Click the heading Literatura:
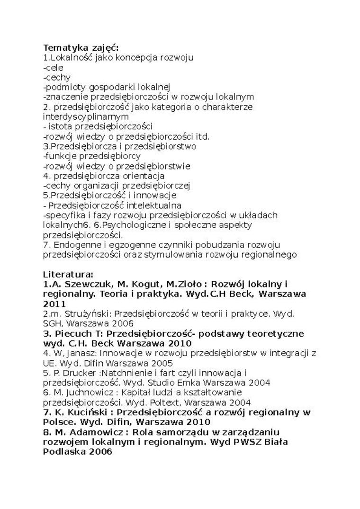(68, 274)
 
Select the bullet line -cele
(53, 68)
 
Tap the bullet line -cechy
(56, 77)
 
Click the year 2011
(54, 304)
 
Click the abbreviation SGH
(53, 324)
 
